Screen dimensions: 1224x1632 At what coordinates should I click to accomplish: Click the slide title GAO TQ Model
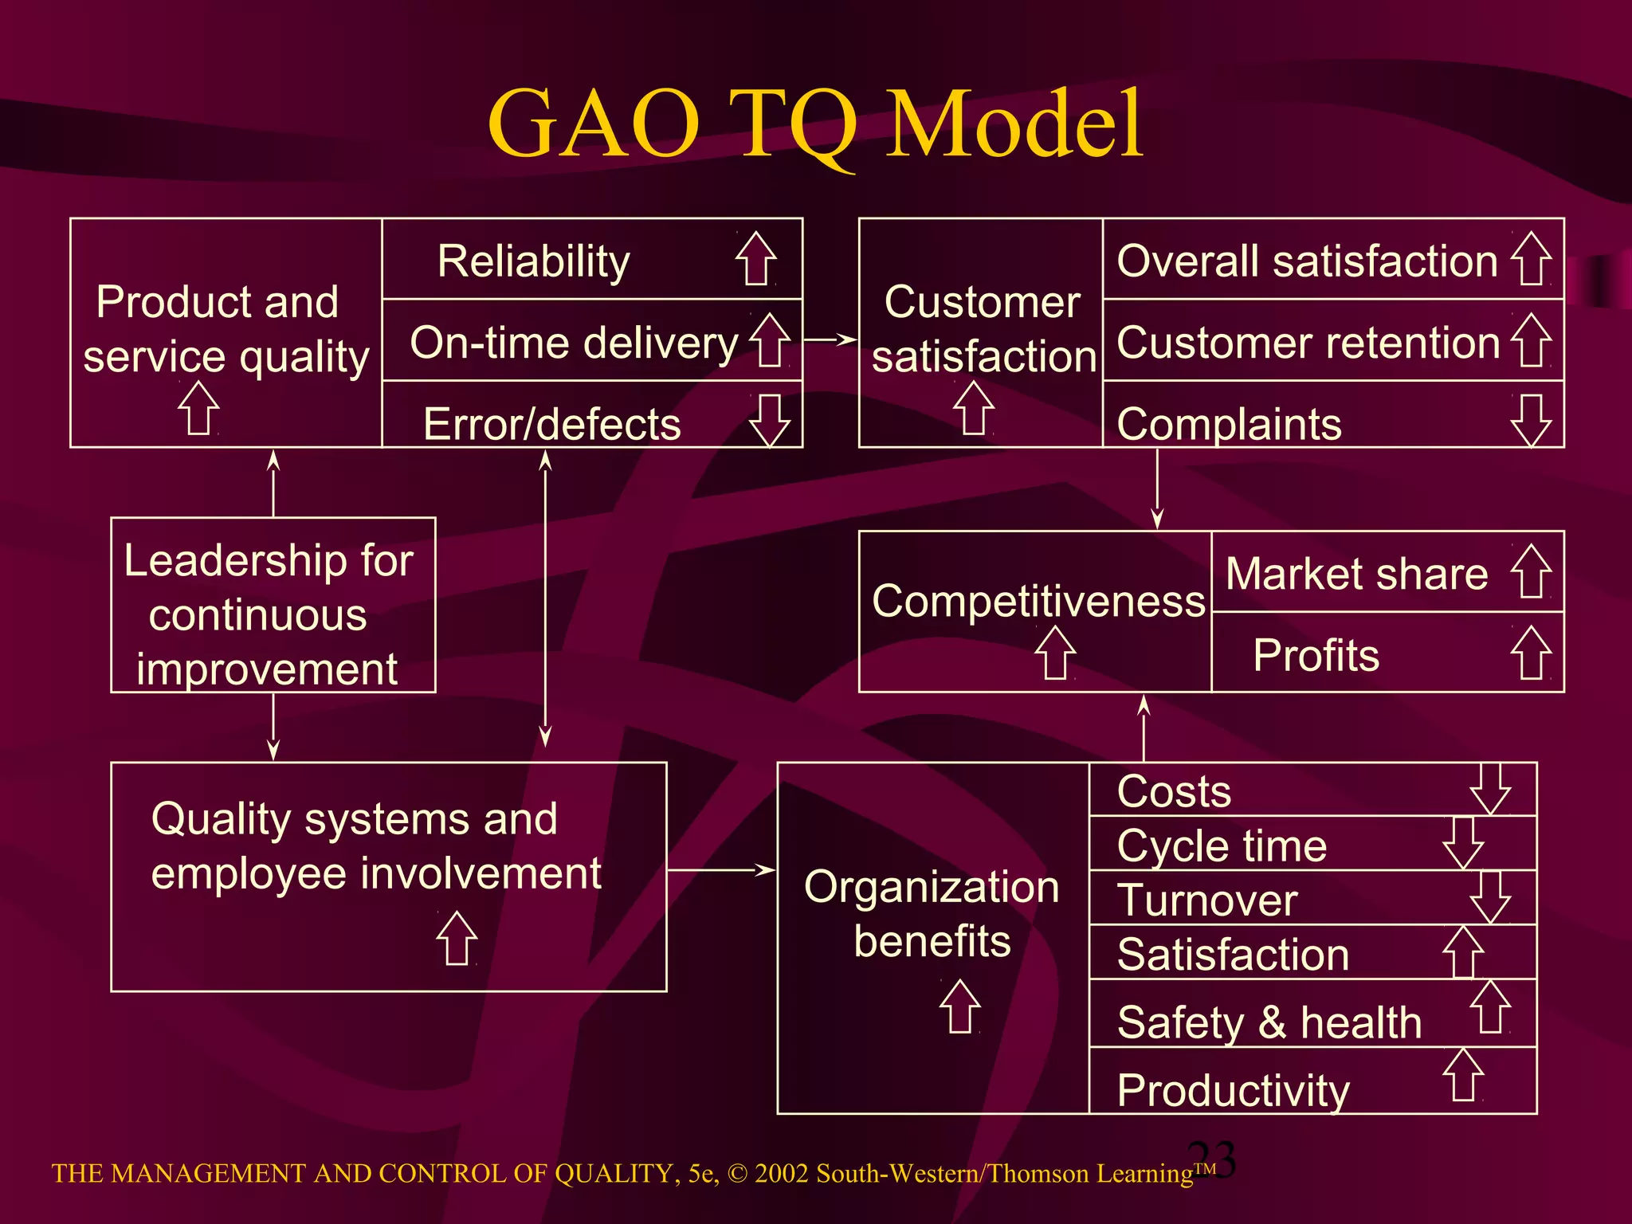(815, 124)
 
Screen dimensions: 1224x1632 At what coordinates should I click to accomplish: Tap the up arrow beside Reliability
(755, 259)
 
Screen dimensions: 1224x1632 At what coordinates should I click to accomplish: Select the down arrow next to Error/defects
(770, 420)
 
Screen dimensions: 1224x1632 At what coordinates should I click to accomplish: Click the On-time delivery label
(574, 343)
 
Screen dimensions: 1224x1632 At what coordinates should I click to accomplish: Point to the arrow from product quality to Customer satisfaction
(830, 339)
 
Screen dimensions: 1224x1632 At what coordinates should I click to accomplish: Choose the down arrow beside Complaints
(1531, 420)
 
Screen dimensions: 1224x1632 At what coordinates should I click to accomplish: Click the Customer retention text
(1308, 343)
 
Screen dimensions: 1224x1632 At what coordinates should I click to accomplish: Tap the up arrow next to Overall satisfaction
(1531, 259)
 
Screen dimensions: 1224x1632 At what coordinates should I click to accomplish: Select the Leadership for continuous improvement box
(273, 605)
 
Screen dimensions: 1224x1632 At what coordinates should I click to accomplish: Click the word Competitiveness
(1038, 600)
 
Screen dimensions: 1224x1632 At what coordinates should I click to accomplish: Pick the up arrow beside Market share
(1531, 571)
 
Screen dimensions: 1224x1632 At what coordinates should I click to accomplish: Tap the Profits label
(1316, 655)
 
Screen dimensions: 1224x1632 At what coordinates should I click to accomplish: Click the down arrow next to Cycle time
(1463, 842)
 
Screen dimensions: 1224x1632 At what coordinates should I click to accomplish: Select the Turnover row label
(1206, 900)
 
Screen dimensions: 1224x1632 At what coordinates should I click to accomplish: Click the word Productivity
(1233, 1089)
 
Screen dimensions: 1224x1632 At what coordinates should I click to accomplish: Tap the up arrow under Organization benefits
(959, 1006)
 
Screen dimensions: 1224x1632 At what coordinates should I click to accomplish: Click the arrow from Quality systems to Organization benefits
(720, 870)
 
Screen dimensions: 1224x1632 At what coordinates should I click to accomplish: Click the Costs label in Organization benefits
(1174, 791)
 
